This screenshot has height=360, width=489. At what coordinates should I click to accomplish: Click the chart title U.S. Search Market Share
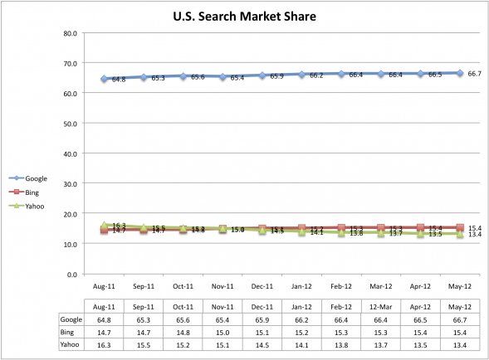coord(244,15)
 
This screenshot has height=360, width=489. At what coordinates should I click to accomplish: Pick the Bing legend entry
coord(30,192)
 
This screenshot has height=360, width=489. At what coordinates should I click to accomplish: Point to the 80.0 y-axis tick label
coord(70,33)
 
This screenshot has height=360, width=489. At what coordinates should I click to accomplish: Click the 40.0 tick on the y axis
coord(70,153)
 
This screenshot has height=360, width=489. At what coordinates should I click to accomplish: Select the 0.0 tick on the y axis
coord(72,274)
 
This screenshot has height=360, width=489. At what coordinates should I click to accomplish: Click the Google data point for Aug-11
coord(105,79)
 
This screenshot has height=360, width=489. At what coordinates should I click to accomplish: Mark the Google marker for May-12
coord(460,73)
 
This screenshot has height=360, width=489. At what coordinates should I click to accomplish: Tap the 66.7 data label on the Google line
coord(475,74)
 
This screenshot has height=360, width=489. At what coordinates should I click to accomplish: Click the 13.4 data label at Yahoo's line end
coord(475,235)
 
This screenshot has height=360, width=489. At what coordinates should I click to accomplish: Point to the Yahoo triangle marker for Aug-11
coord(105,225)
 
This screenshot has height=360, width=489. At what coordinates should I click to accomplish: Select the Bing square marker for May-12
coord(460,227)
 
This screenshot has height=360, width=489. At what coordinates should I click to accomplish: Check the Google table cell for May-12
coord(460,319)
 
